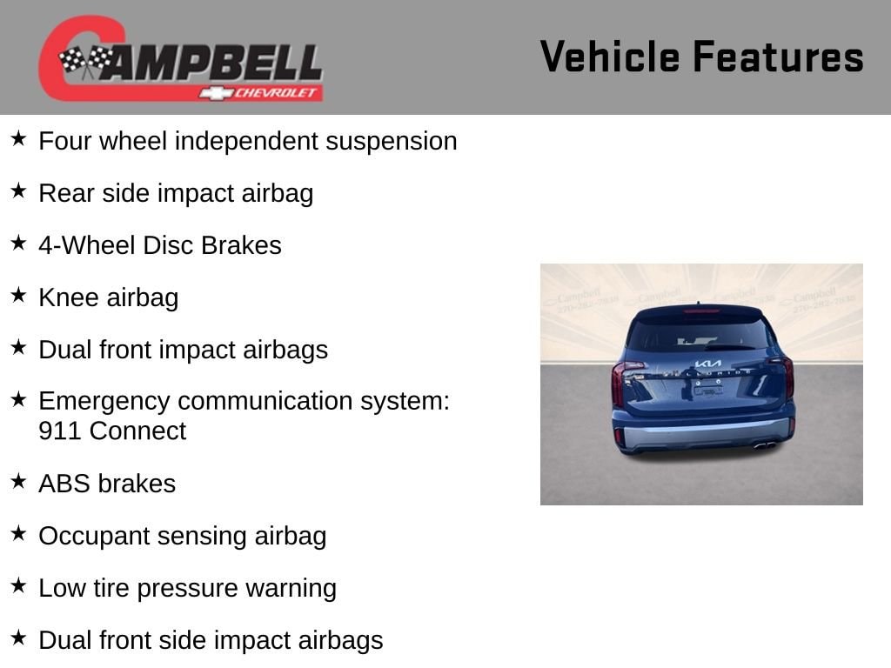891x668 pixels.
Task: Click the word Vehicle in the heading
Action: point(610,57)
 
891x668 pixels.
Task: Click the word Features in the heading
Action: point(779,57)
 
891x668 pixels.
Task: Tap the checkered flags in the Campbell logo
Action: point(86,60)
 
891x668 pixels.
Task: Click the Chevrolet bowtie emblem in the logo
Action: point(216,93)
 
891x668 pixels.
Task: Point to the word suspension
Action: point(391,142)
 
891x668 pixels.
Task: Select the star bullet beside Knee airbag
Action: point(19,295)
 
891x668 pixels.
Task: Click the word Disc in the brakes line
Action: point(167,245)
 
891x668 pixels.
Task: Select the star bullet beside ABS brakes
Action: point(19,481)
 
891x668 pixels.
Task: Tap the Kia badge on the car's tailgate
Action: point(708,364)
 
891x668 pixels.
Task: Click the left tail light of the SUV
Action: point(620,383)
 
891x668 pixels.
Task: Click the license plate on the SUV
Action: point(708,391)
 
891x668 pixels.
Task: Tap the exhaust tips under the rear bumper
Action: point(765,445)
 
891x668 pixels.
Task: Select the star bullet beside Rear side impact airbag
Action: point(19,190)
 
